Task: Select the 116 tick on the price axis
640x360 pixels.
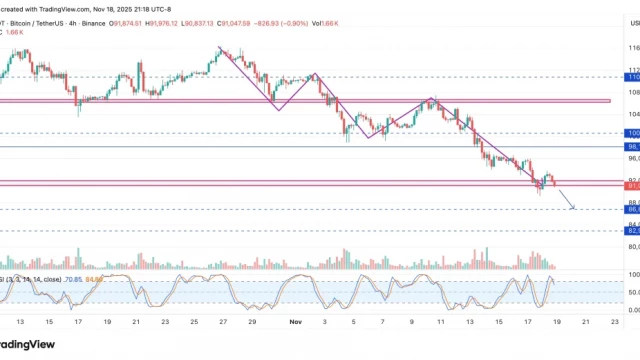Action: pos(633,48)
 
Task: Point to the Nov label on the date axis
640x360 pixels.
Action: pos(294,323)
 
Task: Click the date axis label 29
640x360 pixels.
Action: pos(252,323)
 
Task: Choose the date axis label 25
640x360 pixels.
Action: pos(193,323)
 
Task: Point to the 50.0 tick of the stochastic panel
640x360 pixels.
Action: pos(633,292)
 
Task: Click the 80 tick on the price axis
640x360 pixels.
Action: pos(633,246)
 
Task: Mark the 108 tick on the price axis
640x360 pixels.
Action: pos(633,92)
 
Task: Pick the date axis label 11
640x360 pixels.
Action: pos(411,323)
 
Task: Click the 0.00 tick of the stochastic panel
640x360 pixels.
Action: pos(633,310)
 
